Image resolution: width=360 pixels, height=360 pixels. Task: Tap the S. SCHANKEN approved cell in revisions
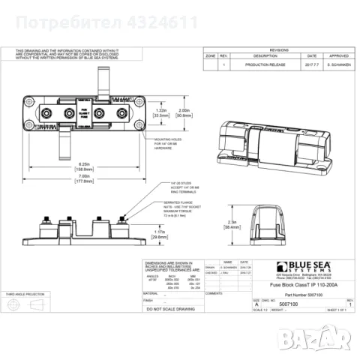tap(340, 65)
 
